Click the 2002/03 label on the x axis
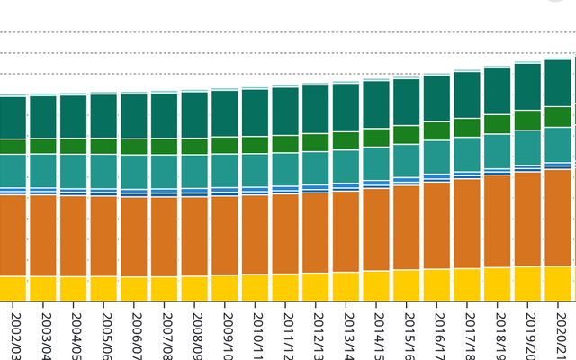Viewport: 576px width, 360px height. point(15,334)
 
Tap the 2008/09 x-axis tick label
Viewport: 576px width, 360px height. point(197,334)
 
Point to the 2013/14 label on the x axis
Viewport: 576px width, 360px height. point(348,334)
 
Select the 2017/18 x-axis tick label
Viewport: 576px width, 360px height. point(470,334)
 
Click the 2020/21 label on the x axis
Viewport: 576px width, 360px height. point(560,334)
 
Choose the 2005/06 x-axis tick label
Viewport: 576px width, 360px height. point(106,334)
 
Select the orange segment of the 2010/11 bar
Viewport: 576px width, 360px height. point(255,235)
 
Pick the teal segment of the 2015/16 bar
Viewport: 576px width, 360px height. point(406,161)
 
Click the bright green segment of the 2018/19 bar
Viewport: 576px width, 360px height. point(497,124)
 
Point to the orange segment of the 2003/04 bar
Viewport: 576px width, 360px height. point(42,236)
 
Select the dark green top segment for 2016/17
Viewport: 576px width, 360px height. point(436,98)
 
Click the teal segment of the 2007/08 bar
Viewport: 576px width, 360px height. point(164,171)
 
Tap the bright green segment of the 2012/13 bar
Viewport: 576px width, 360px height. point(315,142)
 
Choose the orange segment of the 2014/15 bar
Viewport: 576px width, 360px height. point(375,229)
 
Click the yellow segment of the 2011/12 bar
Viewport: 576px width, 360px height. point(284,287)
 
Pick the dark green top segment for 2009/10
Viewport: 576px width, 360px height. point(224,113)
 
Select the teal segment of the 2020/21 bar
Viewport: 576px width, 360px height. point(558,144)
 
